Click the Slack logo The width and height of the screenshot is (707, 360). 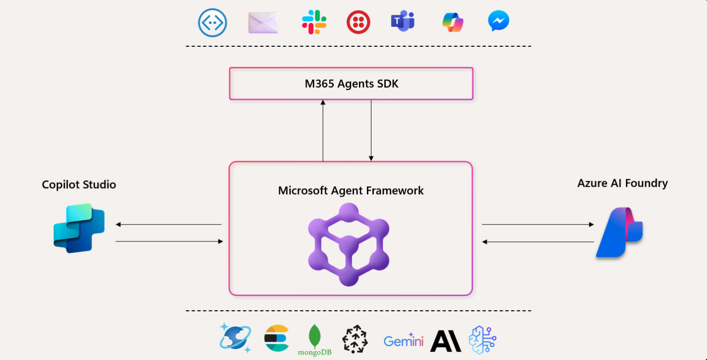coord(314,22)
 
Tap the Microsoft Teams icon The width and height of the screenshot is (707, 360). coord(403,21)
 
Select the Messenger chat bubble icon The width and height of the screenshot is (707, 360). coord(498,21)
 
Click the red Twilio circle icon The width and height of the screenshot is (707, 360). coord(358,22)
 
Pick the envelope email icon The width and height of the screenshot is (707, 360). coord(263,22)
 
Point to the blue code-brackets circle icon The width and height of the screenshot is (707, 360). coord(213,23)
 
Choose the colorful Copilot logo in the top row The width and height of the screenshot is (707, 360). coord(453,22)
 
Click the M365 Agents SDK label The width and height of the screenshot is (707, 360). coord(352,84)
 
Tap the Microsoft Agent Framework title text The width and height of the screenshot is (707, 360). coord(351,191)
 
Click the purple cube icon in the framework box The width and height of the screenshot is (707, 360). coord(349,244)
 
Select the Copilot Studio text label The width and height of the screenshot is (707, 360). coord(79,185)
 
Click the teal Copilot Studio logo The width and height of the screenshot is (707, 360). coord(79,228)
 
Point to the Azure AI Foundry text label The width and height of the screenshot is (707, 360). coord(622,183)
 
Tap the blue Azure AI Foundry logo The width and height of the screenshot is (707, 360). coord(619,232)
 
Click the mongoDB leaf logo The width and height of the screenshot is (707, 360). coord(315,340)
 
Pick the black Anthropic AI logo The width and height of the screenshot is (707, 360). coord(446,341)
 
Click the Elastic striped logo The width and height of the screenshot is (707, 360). coord(276,338)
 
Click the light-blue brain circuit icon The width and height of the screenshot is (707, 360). coord(482,340)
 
